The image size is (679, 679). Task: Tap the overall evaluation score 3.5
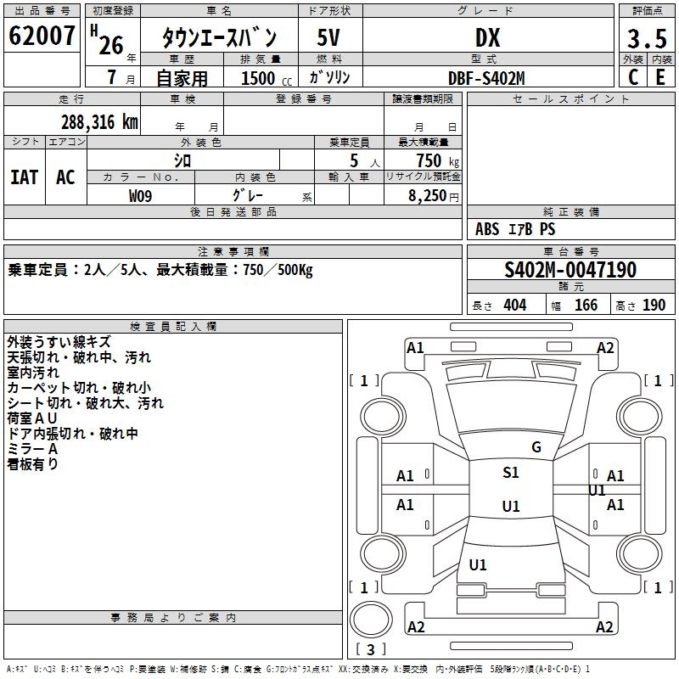point(647,38)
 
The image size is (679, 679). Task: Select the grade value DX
point(487,38)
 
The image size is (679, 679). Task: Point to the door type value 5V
point(329,38)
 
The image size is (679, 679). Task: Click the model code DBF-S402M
point(487,78)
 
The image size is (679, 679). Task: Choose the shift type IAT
point(25,177)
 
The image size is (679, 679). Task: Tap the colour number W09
point(141,196)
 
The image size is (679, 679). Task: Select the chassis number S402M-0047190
point(570,271)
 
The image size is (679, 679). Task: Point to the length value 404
point(514,306)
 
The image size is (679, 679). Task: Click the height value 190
point(654,306)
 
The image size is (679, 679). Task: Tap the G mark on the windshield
point(536,447)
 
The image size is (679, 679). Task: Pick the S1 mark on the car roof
point(511,473)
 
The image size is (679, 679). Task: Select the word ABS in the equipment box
point(487,229)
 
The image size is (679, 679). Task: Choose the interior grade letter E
point(660,77)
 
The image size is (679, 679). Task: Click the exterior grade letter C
point(633,77)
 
